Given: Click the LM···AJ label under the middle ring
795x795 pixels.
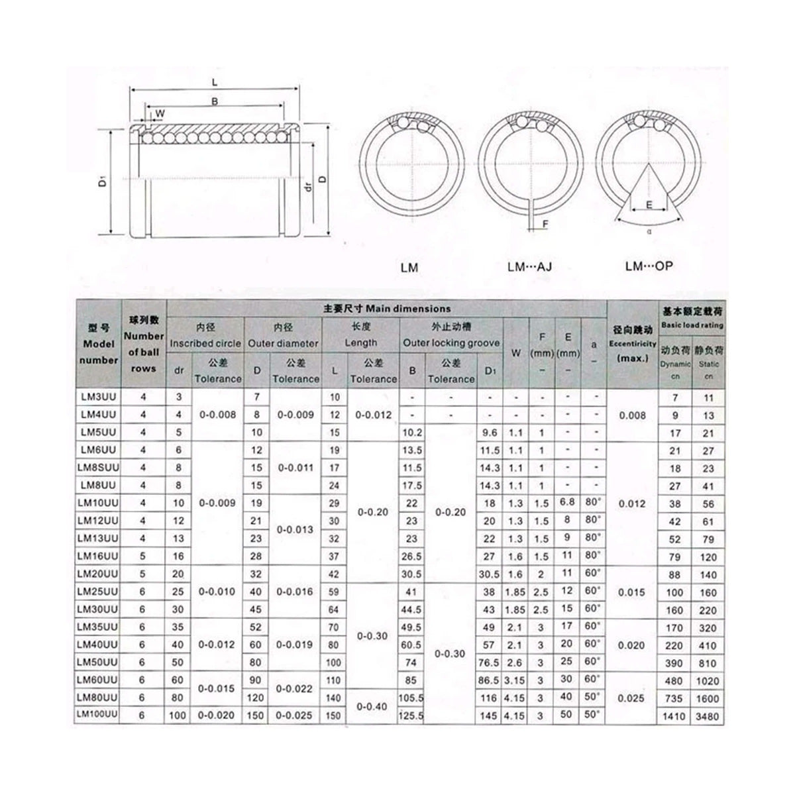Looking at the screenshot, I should [x=529, y=267].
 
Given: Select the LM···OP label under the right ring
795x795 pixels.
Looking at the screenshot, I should [x=649, y=266].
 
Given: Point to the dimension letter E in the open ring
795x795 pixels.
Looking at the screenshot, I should [x=649, y=205].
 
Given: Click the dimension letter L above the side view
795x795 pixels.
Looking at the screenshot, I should [x=216, y=81].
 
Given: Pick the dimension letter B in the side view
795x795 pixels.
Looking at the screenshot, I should [x=214, y=101].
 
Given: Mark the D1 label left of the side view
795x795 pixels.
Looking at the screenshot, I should [x=101, y=181].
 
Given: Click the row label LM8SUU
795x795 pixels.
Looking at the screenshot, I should [x=98, y=467].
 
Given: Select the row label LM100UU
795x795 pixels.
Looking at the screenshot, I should [x=98, y=715].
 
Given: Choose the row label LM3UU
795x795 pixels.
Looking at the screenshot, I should [x=98, y=397].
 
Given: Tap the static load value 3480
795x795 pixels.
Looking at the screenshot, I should [x=708, y=716].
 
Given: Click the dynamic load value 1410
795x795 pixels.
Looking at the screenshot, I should [x=674, y=716].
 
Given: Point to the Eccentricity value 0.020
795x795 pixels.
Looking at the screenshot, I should [x=631, y=645].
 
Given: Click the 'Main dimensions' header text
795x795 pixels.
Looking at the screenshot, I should [x=387, y=308].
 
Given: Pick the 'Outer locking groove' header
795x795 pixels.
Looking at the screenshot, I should [x=451, y=343].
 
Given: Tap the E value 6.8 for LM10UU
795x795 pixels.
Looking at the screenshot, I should [x=567, y=502].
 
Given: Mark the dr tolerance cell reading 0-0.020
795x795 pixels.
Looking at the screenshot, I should [x=217, y=715].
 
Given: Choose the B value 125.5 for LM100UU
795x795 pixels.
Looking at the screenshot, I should [x=411, y=715].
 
